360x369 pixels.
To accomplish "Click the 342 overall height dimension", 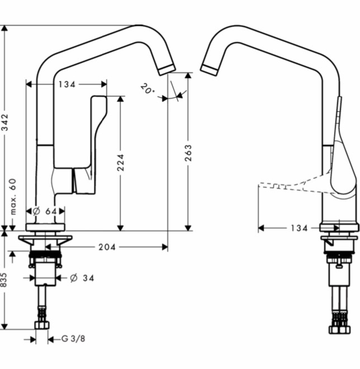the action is click(x=4, y=122).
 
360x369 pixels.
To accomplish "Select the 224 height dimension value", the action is click(x=121, y=162).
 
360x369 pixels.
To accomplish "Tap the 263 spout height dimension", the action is click(x=188, y=153).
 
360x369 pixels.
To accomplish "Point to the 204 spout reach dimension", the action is click(x=107, y=247).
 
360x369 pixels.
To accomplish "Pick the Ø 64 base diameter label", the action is click(x=45, y=211).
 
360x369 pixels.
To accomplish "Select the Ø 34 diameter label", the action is click(x=82, y=278).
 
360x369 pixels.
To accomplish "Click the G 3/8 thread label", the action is click(x=73, y=339).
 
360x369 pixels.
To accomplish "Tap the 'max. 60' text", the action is click(x=13, y=197).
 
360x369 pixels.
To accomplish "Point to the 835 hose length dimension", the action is click(x=4, y=280).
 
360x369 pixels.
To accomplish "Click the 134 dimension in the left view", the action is click(x=67, y=84).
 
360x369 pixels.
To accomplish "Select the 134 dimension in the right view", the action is click(x=299, y=228).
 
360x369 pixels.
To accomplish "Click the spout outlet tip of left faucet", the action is click(x=167, y=70).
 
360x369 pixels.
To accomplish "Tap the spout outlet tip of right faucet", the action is click(x=209, y=70).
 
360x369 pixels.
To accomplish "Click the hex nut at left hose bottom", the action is click(x=42, y=325).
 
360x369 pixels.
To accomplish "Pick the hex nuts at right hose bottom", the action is click(x=339, y=329).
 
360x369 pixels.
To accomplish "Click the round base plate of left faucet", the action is click(x=45, y=227).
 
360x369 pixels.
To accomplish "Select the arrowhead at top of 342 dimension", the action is click(x=4, y=29).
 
